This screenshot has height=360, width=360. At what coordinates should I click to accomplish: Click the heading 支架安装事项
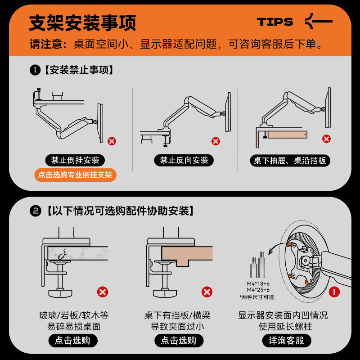(x=83, y=23)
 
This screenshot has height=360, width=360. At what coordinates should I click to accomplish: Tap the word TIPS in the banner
(x=274, y=22)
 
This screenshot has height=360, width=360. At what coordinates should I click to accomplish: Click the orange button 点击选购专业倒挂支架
(x=75, y=175)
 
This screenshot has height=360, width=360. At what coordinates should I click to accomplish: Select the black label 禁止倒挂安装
(x=75, y=160)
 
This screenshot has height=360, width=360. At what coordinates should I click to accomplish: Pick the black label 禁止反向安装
(x=184, y=160)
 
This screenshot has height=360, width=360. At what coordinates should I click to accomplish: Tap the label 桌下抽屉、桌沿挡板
(x=290, y=161)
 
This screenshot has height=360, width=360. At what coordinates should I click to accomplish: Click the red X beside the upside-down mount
(x=112, y=141)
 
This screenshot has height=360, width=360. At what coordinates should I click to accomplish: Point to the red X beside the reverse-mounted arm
(x=216, y=141)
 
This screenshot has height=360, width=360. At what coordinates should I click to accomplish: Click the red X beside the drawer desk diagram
(x=326, y=139)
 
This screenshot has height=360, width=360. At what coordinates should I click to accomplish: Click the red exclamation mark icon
(x=334, y=292)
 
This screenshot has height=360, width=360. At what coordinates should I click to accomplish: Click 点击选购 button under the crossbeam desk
(x=179, y=341)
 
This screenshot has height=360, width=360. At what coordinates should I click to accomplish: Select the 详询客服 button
(x=286, y=341)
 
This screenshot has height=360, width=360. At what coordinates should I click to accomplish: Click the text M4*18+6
(x=258, y=283)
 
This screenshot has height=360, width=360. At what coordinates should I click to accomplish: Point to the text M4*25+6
(x=258, y=290)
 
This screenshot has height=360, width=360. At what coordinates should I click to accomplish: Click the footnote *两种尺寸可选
(x=256, y=297)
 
